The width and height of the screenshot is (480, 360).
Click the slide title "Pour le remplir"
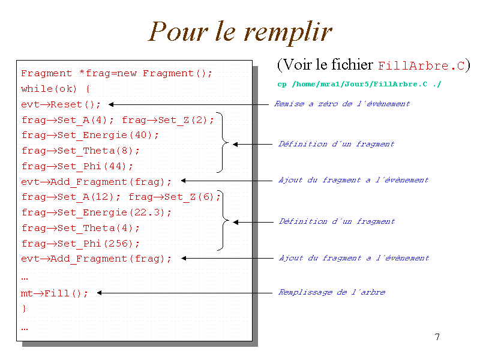tap(240, 32)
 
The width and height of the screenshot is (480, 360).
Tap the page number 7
tap(437, 337)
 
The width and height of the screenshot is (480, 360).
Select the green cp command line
tap(359, 84)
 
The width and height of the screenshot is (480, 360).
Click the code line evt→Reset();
tap(61, 104)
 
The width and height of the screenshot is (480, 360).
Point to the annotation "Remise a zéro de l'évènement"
tap(342, 104)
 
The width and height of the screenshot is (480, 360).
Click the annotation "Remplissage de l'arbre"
tap(332, 292)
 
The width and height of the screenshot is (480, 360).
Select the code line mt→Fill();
tap(55, 293)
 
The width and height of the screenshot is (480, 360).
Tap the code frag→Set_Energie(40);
tap(91, 136)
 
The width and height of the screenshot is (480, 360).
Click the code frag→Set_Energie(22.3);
tap(97, 212)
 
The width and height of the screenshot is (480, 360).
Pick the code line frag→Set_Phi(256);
tap(80, 244)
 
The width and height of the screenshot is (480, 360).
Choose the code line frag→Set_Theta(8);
tap(80, 151)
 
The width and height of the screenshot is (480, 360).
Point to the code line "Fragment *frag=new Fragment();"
tap(117, 74)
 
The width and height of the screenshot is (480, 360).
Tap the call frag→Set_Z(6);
tap(175, 197)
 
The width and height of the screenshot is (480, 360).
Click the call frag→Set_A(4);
tap(68, 120)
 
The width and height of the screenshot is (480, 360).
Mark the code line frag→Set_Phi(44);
tap(77, 166)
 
